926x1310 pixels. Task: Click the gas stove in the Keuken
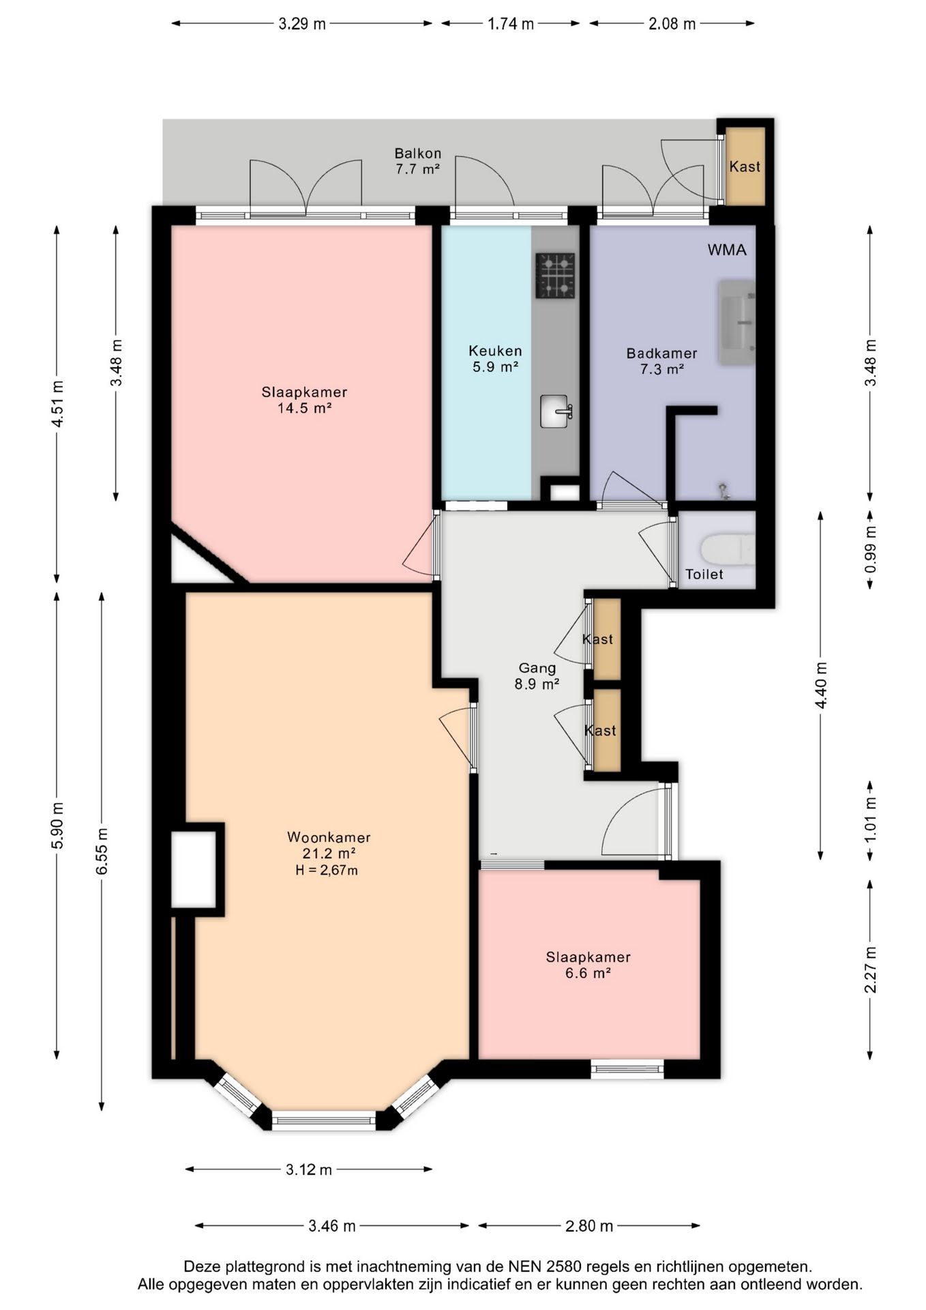[x=555, y=276]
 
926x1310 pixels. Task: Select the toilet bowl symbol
[x=728, y=549]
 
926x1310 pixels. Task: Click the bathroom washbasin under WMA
[x=737, y=322]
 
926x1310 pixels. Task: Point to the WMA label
[x=727, y=250]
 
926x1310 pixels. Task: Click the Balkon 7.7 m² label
[x=418, y=161]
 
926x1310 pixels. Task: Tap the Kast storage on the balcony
[x=745, y=166]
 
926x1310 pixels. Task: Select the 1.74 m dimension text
[x=511, y=24]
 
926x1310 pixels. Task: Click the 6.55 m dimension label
[x=102, y=851]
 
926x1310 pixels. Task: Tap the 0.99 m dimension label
[x=870, y=550]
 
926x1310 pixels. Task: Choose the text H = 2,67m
[x=327, y=870]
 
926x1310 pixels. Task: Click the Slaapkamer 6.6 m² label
[x=588, y=965]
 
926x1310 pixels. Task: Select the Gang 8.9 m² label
[x=537, y=676]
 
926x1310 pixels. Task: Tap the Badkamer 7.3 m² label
[x=662, y=361]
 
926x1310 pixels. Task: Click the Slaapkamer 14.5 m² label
[x=305, y=400]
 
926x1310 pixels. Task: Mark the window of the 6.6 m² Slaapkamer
[x=627, y=1068]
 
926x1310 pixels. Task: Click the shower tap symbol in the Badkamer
[x=723, y=491]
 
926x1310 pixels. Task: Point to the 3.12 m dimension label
[x=309, y=1169]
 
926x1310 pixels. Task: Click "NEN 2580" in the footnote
[x=545, y=1267]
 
